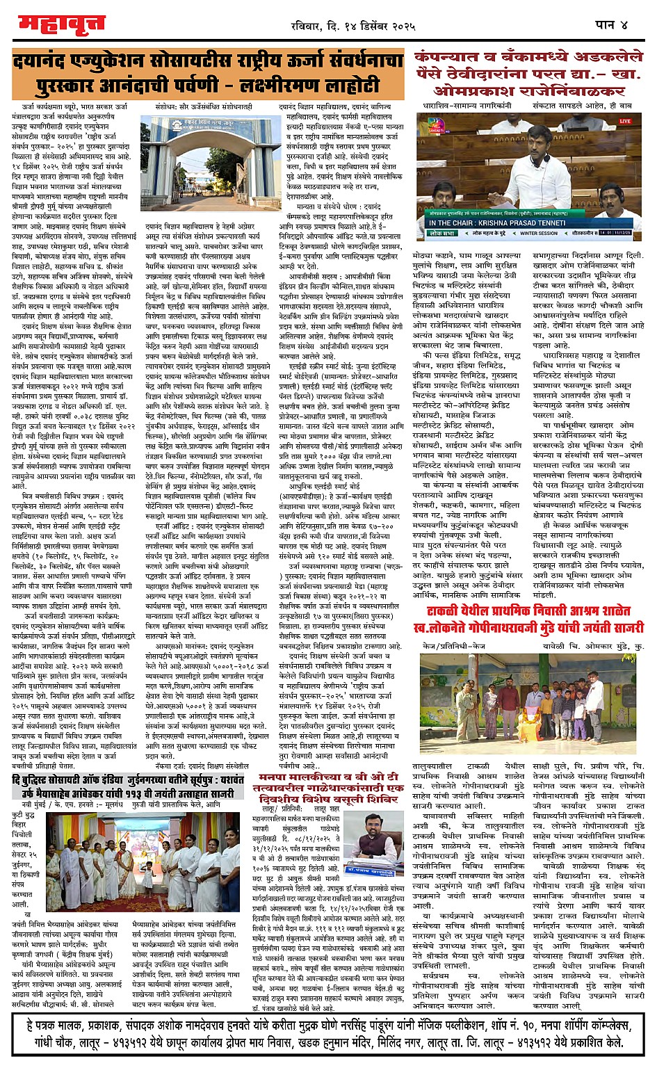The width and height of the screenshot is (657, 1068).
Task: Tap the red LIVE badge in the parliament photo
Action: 623,122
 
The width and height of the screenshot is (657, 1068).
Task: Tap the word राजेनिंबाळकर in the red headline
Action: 569,91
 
